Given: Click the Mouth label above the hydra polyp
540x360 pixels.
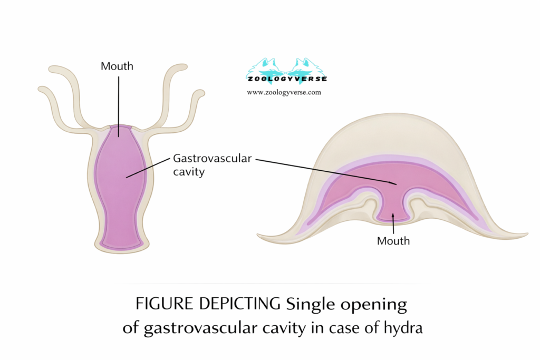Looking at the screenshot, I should tap(118, 66).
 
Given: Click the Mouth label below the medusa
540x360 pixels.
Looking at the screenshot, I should tap(393, 241).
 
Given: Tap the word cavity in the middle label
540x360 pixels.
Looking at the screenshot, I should tap(188, 172).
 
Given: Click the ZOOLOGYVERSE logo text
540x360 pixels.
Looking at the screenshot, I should tap(287, 79).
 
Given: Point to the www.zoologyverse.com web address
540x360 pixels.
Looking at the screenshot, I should tap(284, 92).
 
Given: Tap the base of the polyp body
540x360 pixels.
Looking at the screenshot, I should tap(121, 249).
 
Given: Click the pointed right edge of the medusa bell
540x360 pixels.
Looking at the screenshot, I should tap(524, 235).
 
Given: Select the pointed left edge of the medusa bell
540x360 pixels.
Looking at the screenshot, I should tap(258, 236).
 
